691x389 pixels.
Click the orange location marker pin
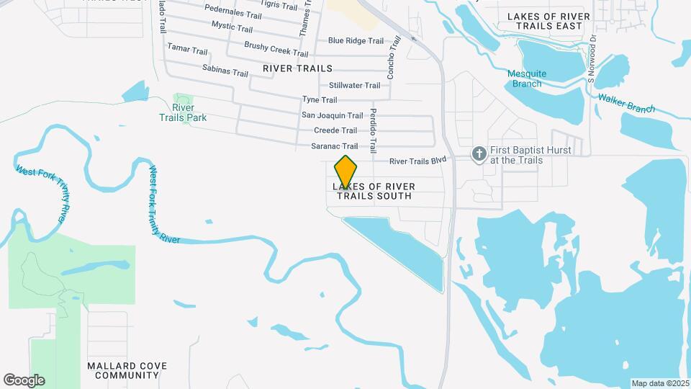coord(345,171)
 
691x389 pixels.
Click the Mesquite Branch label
coord(527,79)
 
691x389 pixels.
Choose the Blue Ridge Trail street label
coord(356,41)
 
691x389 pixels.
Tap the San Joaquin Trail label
coord(332,115)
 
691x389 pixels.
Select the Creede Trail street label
coord(335,130)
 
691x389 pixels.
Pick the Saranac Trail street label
coord(334,146)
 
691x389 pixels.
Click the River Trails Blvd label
coord(419,161)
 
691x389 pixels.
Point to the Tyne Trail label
coord(320,100)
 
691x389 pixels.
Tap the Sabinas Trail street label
coord(225,73)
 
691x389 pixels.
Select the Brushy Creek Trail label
coord(266,49)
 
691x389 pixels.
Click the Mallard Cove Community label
coord(127,370)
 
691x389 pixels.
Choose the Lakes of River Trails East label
coord(559,21)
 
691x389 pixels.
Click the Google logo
coord(24,380)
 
